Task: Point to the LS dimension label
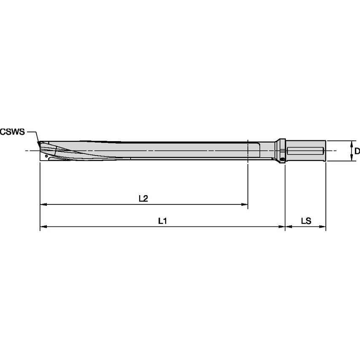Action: pyautogui.click(x=306, y=220)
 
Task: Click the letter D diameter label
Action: pyautogui.click(x=357, y=151)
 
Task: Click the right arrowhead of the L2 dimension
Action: pyautogui.click(x=245, y=205)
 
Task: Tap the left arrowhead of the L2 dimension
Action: pyautogui.click(x=43, y=205)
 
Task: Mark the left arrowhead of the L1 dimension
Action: pyautogui.click(x=43, y=227)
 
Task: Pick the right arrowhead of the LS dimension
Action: pyautogui.click(x=323, y=227)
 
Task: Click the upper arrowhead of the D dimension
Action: pyautogui.click(x=352, y=143)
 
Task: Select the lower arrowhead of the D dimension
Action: pyautogui.click(x=352, y=159)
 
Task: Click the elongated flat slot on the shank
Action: pyautogui.click(x=305, y=150)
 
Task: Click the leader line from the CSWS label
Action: pyautogui.click(x=34, y=137)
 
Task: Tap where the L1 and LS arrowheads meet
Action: pyautogui.click(x=286, y=227)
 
